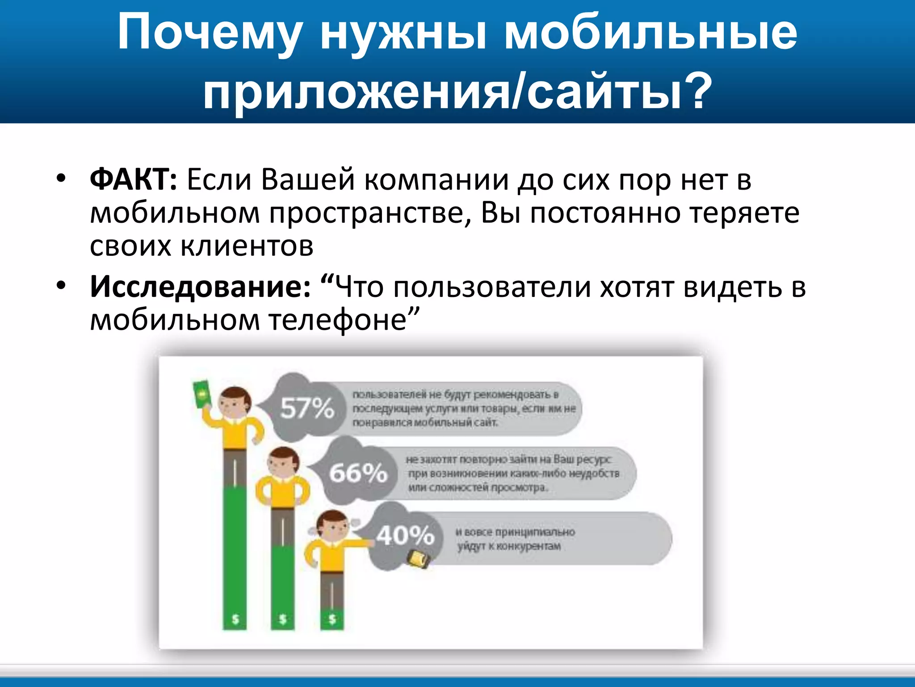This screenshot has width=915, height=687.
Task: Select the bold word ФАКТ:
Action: pos(134,180)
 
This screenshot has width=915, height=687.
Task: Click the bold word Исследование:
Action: pos(200,287)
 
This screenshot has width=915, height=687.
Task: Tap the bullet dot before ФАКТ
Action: pos(61,178)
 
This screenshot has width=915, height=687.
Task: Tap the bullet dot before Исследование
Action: pos(61,285)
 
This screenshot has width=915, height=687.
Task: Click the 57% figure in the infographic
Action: pos(307,407)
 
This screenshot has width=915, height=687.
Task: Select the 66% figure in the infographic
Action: pos(358,472)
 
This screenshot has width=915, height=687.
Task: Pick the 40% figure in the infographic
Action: pos(405,535)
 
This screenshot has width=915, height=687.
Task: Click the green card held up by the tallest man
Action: pos(201,394)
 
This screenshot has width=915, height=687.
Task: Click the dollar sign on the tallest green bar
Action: pos(235,619)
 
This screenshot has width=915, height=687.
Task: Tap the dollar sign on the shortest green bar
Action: pos(332,619)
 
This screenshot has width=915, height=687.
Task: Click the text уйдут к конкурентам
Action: pos(508,546)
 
